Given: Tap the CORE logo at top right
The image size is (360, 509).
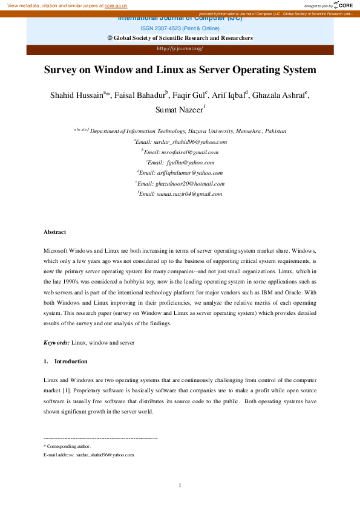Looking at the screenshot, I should click(x=343, y=5).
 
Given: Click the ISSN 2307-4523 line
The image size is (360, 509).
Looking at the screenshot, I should click(x=180, y=28).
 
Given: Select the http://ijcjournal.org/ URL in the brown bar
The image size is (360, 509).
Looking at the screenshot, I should click(x=180, y=48).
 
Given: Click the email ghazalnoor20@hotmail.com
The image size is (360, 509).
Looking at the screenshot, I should click(x=189, y=183).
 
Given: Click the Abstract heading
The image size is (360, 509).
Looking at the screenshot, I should click(x=55, y=232).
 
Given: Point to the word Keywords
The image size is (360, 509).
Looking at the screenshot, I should click(x=56, y=343).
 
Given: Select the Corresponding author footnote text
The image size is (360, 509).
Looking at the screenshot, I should click(x=69, y=446).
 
